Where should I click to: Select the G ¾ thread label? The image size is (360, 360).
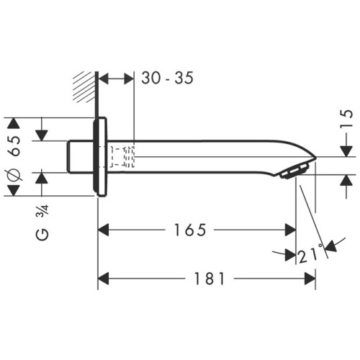tap(42, 224)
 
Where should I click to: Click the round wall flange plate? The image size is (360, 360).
tap(102, 156)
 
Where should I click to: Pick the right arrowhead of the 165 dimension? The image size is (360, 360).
tap(290, 230)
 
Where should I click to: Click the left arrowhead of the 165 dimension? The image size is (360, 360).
tap(103, 230)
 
